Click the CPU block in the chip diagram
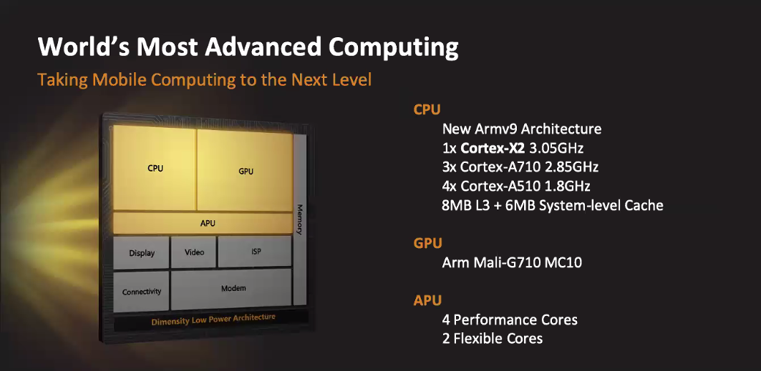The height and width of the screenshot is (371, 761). coord(155,168)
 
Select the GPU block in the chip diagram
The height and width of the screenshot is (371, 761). coord(245,170)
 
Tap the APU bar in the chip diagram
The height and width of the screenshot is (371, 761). coord(203,223)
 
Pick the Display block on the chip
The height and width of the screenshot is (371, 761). coord(141,252)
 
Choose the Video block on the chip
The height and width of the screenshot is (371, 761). coord(193,252)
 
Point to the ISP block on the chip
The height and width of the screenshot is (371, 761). coord(255,252)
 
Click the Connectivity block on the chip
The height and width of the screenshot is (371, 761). coord(141,291)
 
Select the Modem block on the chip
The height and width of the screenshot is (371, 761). coord(231,289)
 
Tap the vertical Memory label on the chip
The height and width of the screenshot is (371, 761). coord(299,219)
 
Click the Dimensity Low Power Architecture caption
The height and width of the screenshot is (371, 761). coord(213,320)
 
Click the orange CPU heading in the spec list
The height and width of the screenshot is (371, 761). coord(427,109)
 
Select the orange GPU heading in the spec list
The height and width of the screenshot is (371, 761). coord(427,242)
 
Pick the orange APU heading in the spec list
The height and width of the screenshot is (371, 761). coord(427,300)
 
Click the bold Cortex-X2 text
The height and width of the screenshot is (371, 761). coord(493,148)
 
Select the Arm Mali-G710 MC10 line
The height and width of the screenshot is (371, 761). coord(512,263)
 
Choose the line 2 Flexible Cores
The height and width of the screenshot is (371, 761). coord(492,338)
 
